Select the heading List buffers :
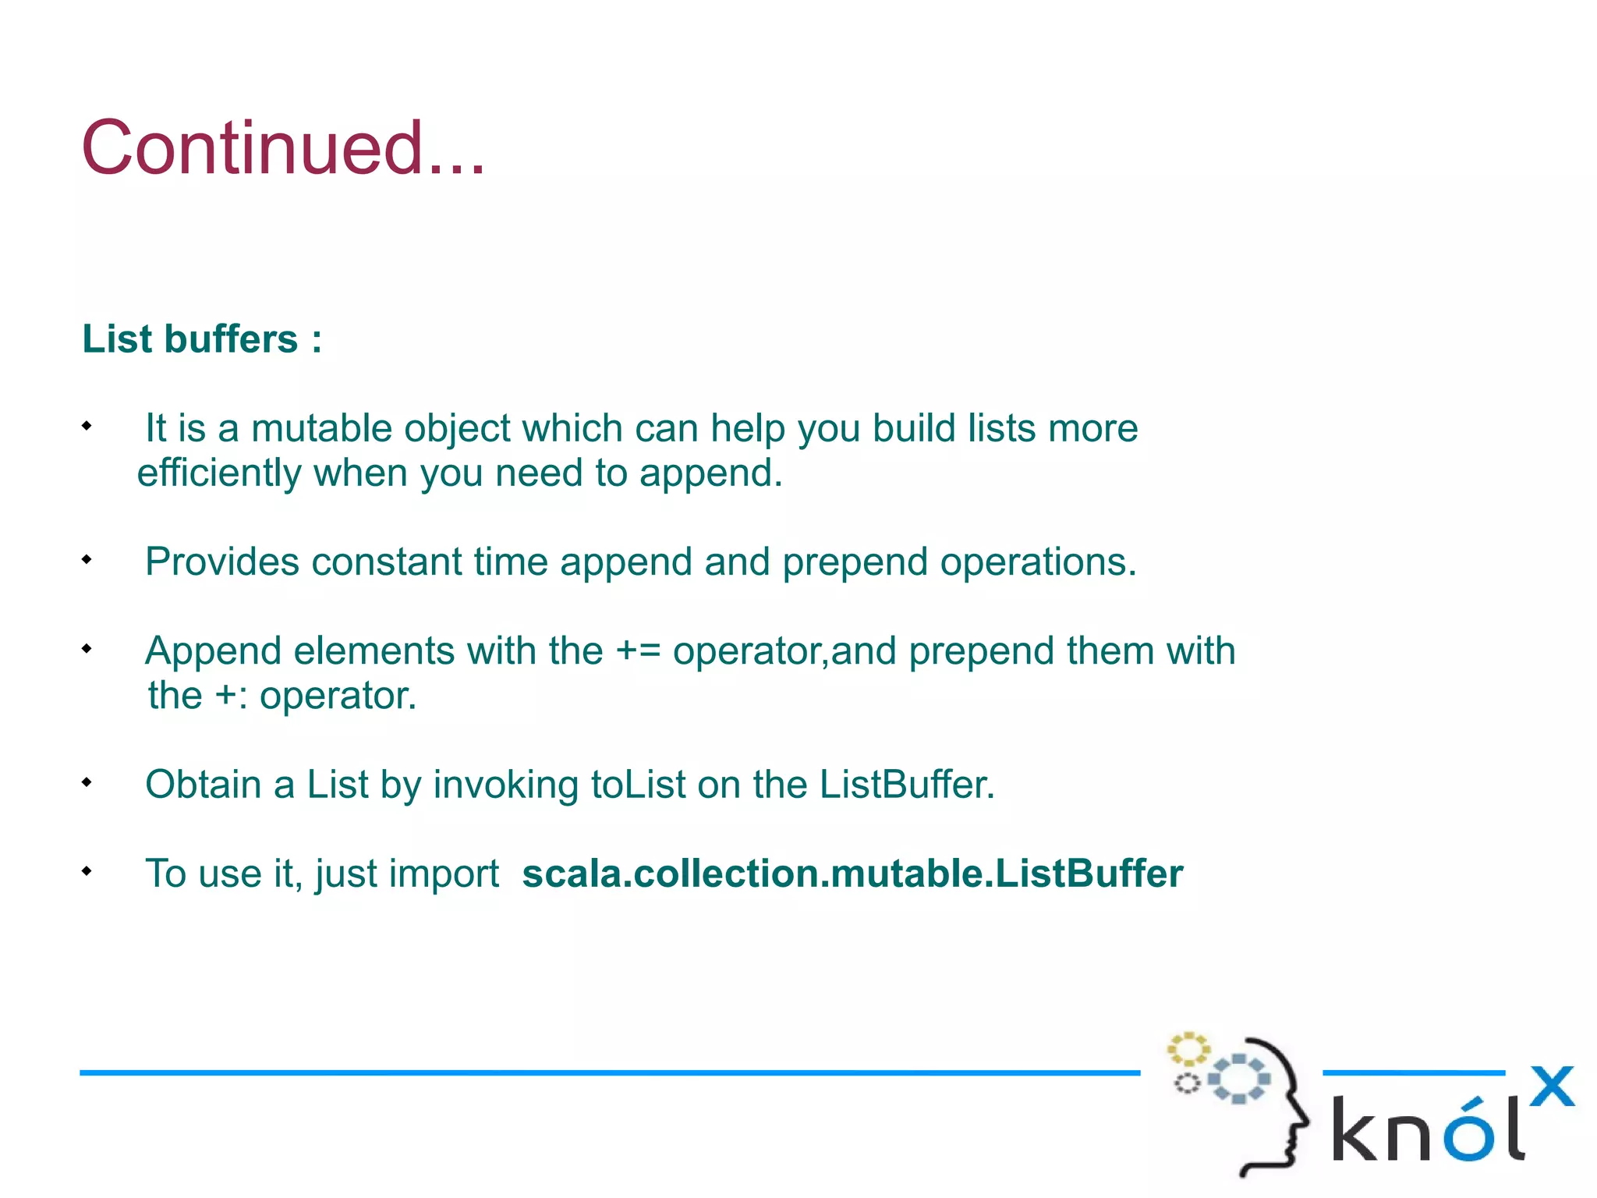[202, 339]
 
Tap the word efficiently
[219, 473]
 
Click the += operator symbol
[638, 651]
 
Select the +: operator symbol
[231, 696]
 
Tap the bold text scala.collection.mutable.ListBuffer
[852, 874]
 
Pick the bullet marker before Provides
[87, 559]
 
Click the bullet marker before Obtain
[87, 782]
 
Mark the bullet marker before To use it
[87, 870]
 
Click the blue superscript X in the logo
[1552, 1086]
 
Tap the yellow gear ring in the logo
[1188, 1049]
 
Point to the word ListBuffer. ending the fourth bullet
[907, 785]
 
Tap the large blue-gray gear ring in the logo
[1239, 1079]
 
